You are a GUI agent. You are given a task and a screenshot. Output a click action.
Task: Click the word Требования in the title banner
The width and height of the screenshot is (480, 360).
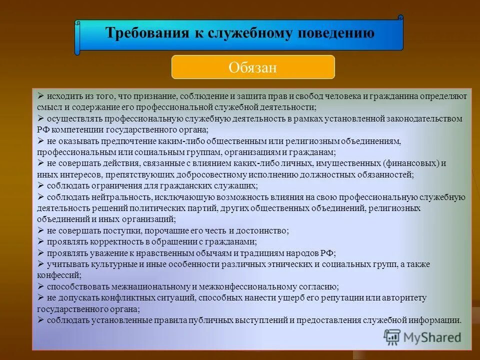click(145, 33)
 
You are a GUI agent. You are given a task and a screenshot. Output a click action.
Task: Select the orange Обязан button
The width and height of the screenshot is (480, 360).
click(253, 67)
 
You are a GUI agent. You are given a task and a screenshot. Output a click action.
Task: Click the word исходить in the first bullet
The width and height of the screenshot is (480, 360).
click(63, 96)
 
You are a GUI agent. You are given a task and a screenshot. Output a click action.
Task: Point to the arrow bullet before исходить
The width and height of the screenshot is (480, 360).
click(41, 95)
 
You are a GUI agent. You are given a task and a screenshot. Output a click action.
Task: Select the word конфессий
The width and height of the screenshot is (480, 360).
click(58, 275)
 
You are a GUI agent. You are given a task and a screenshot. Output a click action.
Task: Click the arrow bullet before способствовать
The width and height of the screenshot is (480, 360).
click(41, 286)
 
